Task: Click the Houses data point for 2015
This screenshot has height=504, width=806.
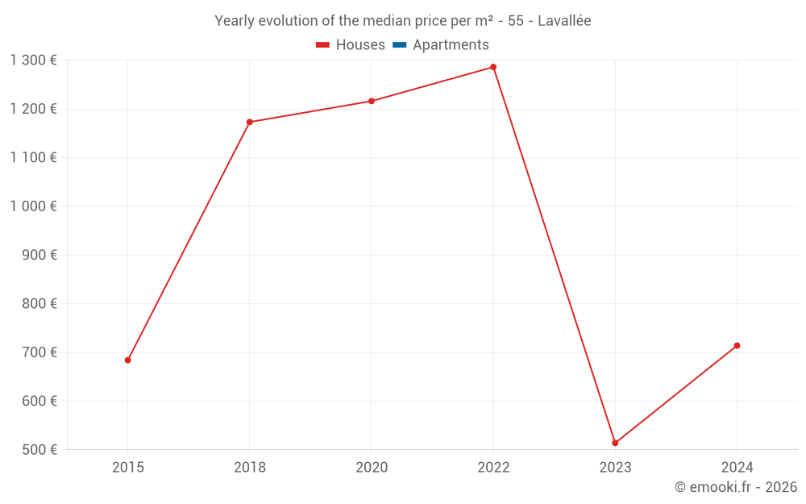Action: (127, 360)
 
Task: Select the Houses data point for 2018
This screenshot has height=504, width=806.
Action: (249, 122)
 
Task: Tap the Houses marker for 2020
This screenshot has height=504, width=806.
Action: (372, 101)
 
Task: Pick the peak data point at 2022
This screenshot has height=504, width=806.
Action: (493, 67)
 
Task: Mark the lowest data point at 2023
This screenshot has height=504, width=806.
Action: (615, 443)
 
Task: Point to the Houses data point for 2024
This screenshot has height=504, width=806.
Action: (737, 346)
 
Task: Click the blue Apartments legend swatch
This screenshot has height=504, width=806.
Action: (399, 45)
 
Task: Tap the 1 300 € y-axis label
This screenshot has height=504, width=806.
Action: (33, 60)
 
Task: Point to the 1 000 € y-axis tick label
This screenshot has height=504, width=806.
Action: (33, 206)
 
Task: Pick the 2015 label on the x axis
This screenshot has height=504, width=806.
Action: (127, 468)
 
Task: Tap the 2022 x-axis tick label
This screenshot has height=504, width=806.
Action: (493, 468)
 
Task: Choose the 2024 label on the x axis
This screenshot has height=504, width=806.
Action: (737, 468)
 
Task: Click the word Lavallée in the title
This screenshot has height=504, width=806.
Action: (564, 21)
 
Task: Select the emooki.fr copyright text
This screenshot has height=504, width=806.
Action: (735, 487)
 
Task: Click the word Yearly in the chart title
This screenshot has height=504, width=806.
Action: (235, 21)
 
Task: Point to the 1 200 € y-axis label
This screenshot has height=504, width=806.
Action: (33, 109)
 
